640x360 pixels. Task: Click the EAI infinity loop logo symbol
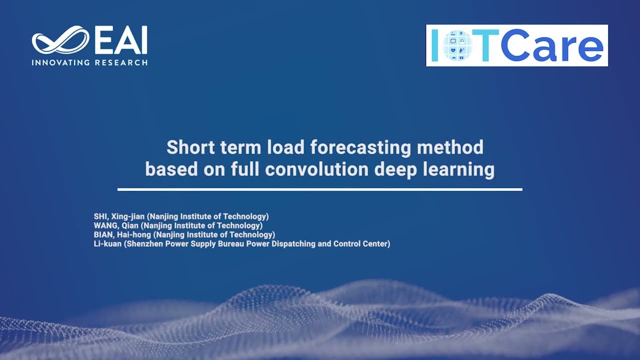60,40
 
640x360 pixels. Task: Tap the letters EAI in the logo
121,40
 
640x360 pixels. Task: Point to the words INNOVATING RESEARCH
89,63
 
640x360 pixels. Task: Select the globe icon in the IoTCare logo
458,45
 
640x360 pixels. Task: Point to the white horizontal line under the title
320,189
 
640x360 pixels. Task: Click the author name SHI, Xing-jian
119,216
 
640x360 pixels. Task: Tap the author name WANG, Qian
116,225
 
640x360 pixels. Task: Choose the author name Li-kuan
108,244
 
